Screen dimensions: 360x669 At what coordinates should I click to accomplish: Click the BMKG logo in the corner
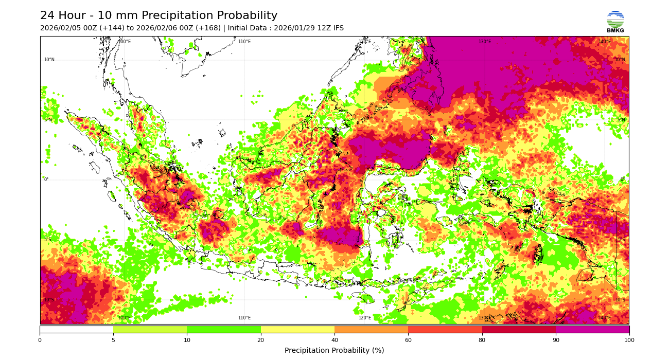coord(615,21)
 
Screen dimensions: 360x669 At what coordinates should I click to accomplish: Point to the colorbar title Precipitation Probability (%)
coord(334,350)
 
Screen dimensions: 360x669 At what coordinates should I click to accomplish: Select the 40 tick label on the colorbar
coord(334,340)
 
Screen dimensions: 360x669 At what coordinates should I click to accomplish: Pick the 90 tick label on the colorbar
coord(556,340)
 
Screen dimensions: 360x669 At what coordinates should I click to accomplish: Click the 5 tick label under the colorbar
coord(113,340)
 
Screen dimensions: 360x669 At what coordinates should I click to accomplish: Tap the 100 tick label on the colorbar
coord(629,340)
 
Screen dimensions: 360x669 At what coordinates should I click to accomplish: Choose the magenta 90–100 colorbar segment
coord(592,329)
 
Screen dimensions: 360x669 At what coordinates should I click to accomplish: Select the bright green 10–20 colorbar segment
coord(224,329)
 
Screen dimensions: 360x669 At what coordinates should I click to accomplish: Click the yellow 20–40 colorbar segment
coord(297,329)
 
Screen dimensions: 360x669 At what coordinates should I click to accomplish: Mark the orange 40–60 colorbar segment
coord(371,329)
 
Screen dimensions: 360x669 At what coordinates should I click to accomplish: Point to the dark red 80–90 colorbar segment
coord(519,329)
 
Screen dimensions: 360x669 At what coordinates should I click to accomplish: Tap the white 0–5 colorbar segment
coord(76,329)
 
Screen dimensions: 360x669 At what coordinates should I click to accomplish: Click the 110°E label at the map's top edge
coord(244,42)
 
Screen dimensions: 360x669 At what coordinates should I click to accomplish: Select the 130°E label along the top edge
coord(485,42)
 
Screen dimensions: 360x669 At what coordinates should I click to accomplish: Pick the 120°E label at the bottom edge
coord(364,318)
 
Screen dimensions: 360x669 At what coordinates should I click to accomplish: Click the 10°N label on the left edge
coord(49,60)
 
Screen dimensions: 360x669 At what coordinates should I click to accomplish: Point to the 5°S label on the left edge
coord(47,240)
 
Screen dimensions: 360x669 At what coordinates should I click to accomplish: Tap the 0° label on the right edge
coord(622,179)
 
